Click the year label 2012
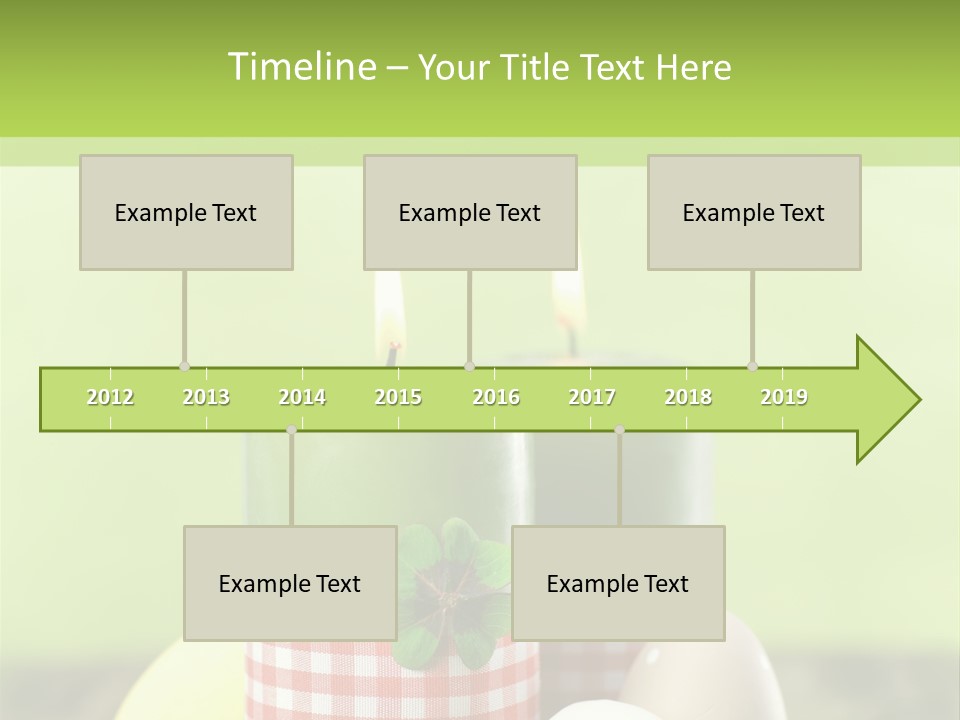point(110,397)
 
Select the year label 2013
point(206,397)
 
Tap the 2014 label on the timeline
point(302,397)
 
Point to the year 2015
point(398,397)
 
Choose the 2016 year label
point(496,397)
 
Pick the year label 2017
point(592,397)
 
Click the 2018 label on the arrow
point(688,397)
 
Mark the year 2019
point(784,397)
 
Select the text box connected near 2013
point(186,212)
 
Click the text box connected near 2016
point(470,212)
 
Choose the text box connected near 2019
point(754,212)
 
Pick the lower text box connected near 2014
point(290,583)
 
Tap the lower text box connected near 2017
point(618,583)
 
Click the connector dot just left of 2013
point(184,366)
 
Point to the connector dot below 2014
point(291,430)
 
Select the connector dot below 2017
point(619,430)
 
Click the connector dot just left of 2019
point(752,366)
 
